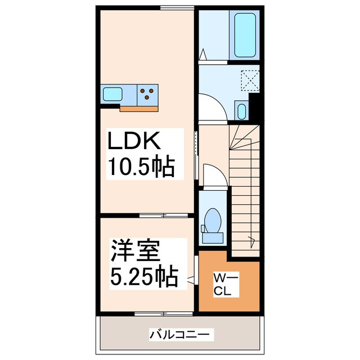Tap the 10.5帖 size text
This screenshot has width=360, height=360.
[x=140, y=167]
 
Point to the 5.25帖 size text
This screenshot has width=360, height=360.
[x=144, y=276]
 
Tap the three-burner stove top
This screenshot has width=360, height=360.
[x=148, y=93]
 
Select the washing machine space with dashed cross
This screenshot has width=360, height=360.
[x=249, y=80]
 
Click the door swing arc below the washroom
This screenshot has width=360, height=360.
[x=214, y=106]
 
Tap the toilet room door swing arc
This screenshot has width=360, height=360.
[x=213, y=174]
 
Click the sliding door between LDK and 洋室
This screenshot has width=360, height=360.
[x=163, y=215]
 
